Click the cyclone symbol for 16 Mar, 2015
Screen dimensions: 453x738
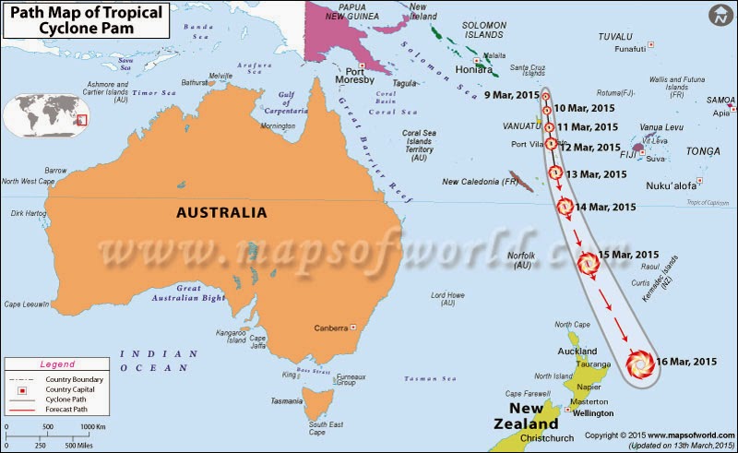pos(638,364)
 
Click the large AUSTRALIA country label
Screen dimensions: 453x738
pos(221,213)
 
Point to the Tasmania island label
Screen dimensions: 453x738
pos(287,400)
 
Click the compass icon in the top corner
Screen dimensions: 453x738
pos(720,16)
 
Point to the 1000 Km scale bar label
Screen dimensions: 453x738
pos(95,426)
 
